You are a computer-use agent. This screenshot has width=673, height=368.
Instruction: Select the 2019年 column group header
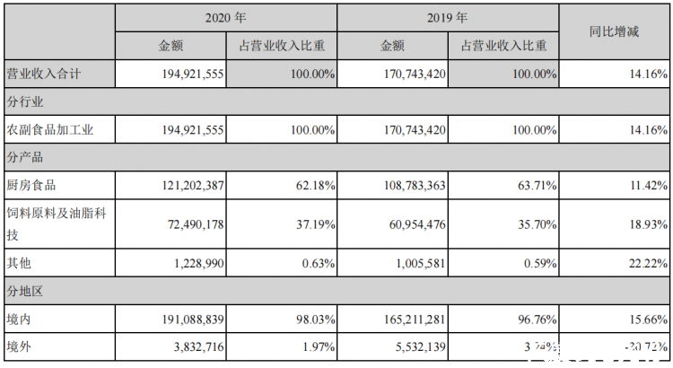point(448,16)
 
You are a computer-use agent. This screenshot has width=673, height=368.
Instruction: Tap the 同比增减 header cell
point(615,31)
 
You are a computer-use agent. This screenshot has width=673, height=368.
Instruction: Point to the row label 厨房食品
point(32,185)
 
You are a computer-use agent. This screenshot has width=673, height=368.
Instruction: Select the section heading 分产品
point(24,157)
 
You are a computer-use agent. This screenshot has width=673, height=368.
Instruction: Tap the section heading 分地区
point(24,291)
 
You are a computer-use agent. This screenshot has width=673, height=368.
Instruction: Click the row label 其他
point(20,263)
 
